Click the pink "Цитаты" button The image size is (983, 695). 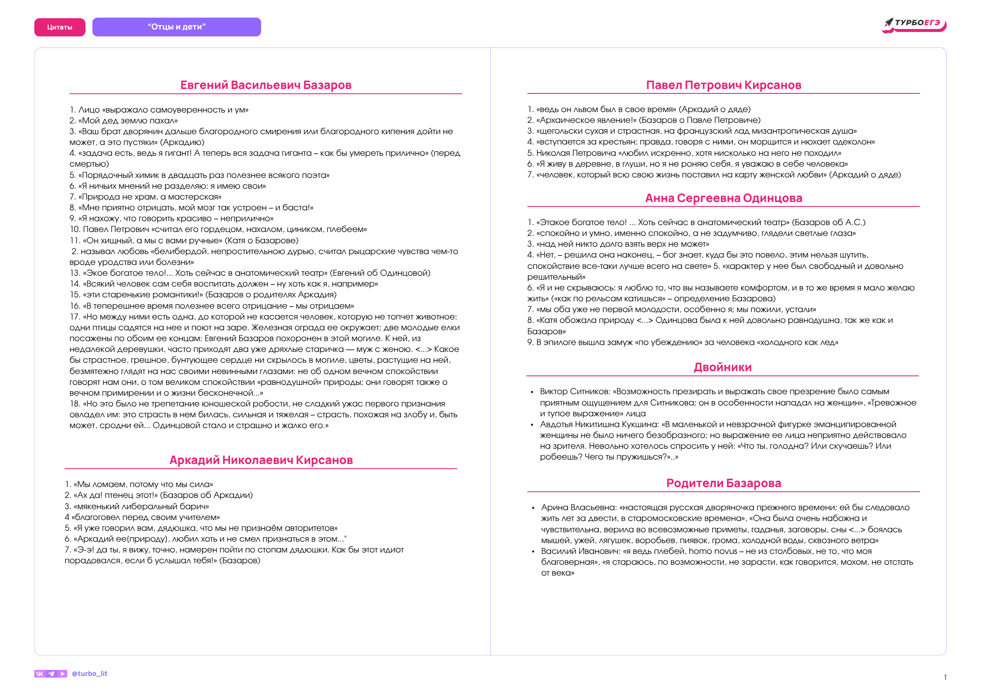pos(59,28)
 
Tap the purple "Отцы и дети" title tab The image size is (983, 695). pos(176,27)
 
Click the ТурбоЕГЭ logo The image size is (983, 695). pos(914,25)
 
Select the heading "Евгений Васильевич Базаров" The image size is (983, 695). pos(266,85)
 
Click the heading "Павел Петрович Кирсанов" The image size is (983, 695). pos(723,85)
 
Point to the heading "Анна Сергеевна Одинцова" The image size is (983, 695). pos(723,198)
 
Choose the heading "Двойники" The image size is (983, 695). pos(723,367)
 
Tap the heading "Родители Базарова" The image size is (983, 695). pos(723,483)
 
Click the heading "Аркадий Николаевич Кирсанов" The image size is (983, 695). pos(261,460)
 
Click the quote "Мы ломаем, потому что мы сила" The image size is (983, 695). pos(143,484)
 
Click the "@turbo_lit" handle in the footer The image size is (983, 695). pos(89,673)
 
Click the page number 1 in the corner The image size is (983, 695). pos(945,677)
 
